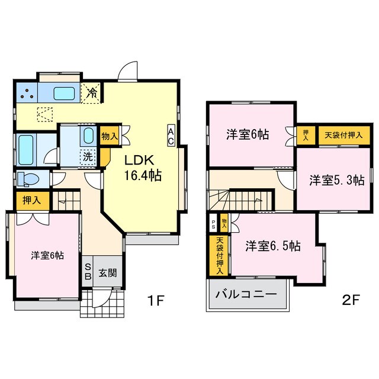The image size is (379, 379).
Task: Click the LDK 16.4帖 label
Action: click(142, 168)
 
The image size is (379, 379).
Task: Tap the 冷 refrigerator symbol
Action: click(92, 92)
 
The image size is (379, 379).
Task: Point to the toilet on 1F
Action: click(27, 178)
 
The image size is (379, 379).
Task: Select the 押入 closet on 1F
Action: click(28, 200)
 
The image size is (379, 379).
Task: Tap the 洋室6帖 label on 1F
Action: click(47, 255)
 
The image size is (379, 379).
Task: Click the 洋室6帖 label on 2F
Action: click(247, 134)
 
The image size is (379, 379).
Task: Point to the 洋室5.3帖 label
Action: click(336, 181)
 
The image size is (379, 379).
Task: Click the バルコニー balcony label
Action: click(246, 294)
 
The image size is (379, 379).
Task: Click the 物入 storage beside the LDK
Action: click(110, 136)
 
